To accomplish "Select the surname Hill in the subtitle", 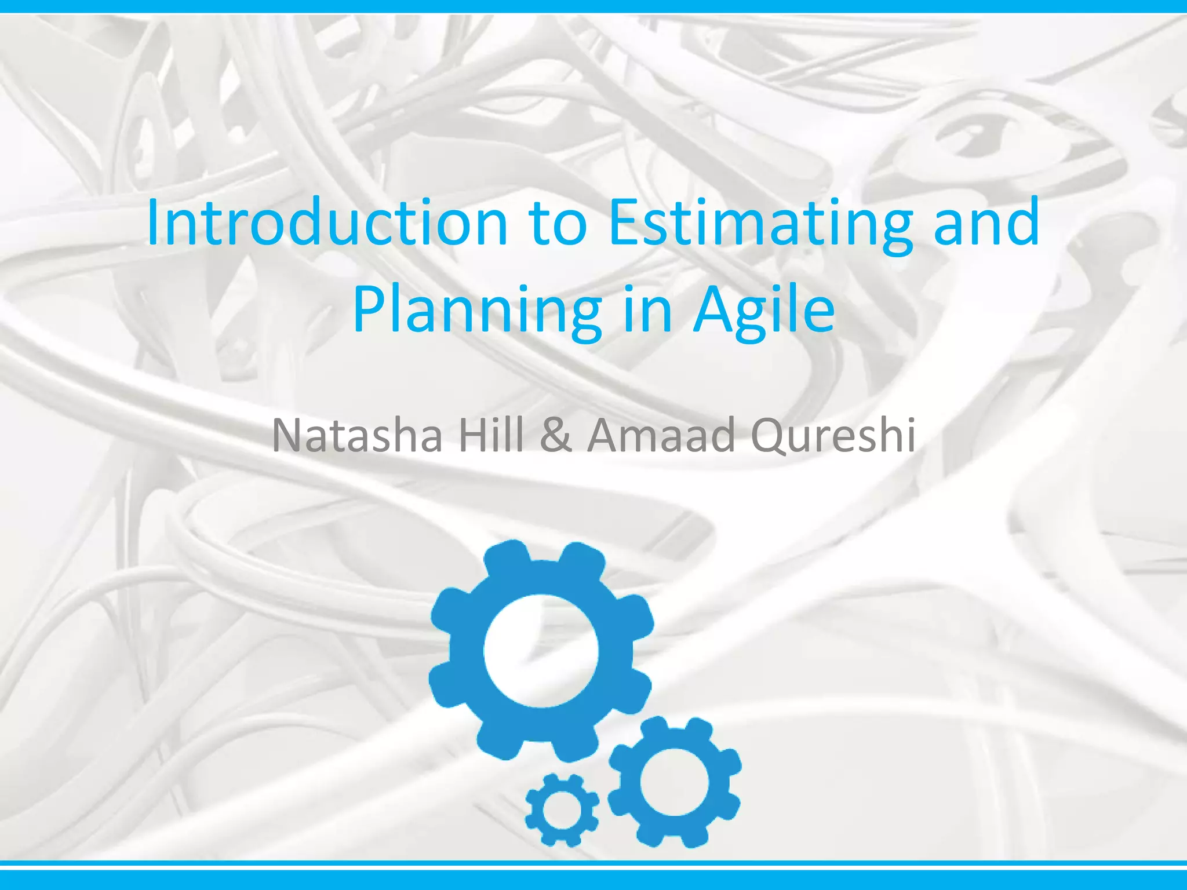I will pos(491,435).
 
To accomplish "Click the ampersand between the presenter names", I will pos(556,435).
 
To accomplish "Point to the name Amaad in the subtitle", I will pos(661,435).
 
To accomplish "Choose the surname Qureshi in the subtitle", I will pos(833,435).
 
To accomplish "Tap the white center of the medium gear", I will pos(674,782).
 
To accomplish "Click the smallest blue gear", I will pos(562,809).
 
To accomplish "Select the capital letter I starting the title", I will pos(153,223).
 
